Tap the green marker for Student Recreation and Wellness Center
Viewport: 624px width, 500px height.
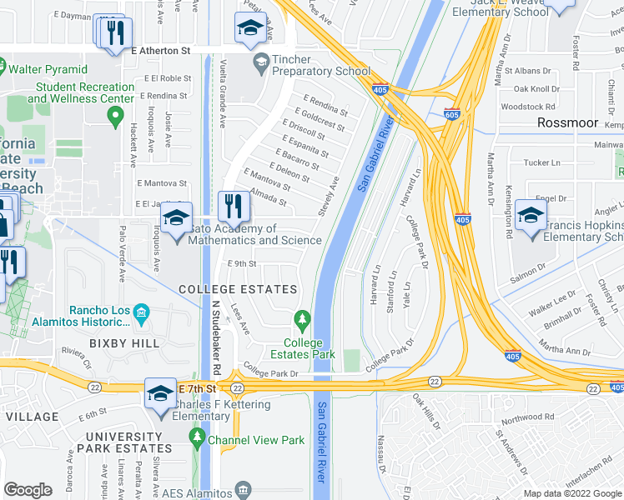click(x=116, y=115)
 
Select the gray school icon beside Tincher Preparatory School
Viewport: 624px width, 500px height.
click(x=261, y=60)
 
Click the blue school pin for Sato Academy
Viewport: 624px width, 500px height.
click(x=176, y=220)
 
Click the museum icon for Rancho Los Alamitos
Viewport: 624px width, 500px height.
click(x=141, y=313)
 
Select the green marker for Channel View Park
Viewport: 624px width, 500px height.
click(x=197, y=437)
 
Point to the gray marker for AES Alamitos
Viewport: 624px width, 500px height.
click(x=243, y=488)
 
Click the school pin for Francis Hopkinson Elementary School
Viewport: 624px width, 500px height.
click(x=531, y=217)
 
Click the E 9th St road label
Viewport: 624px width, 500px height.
click(x=242, y=264)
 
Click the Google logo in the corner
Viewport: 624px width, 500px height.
click(x=28, y=490)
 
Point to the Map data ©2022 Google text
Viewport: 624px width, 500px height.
click(x=571, y=493)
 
